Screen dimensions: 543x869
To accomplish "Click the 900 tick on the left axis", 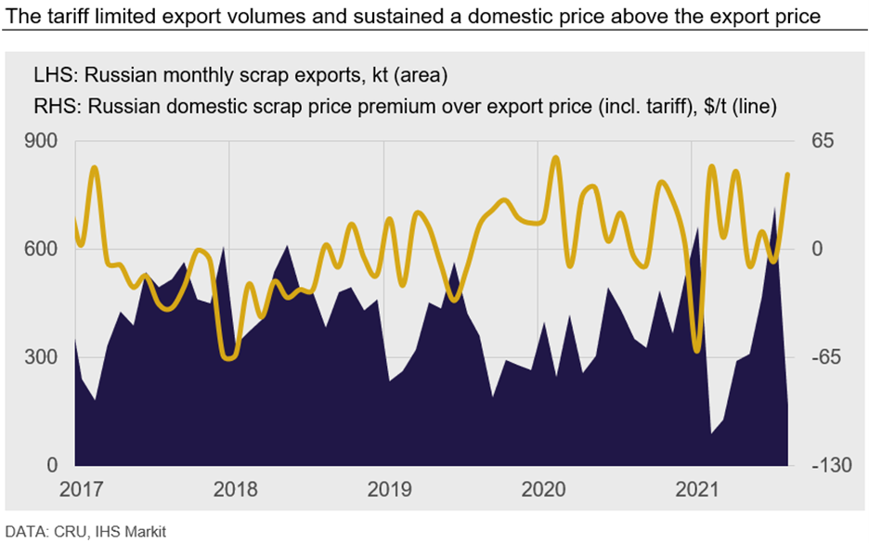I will (46, 141).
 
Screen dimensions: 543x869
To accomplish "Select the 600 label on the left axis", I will (46, 249).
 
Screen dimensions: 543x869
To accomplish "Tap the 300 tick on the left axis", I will (46, 357).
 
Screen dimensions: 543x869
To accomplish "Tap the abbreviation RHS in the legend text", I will (53, 107).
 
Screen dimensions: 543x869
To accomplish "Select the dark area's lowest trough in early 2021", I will (712, 433).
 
